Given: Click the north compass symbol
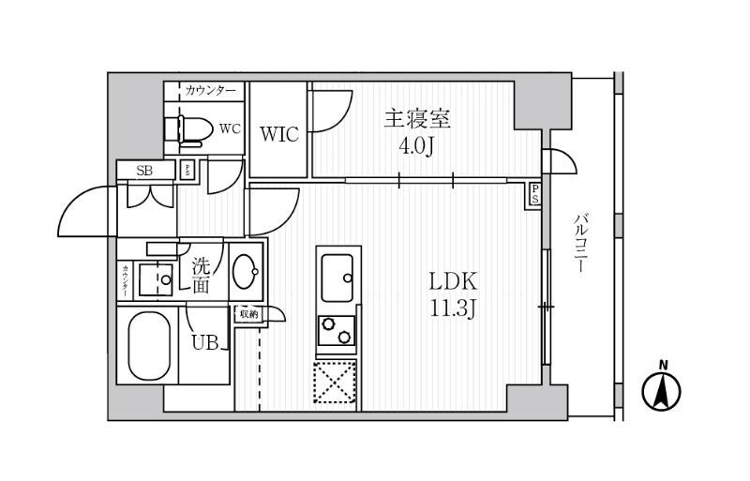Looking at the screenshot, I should pyautogui.click(x=662, y=389).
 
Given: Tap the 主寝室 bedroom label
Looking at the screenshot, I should pyautogui.click(x=417, y=119).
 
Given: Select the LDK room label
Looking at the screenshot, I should pyautogui.click(x=455, y=280).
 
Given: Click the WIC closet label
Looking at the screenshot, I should pyautogui.click(x=278, y=134).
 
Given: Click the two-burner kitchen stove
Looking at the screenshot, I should pyautogui.click(x=337, y=331).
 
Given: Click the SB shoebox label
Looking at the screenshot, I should pyautogui.click(x=144, y=170).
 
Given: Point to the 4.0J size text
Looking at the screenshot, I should pyautogui.click(x=417, y=148).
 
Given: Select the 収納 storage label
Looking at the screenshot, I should pyautogui.click(x=247, y=314).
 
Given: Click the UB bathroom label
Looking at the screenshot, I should pyautogui.click(x=206, y=343).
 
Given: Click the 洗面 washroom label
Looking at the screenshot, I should pyautogui.click(x=201, y=276).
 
